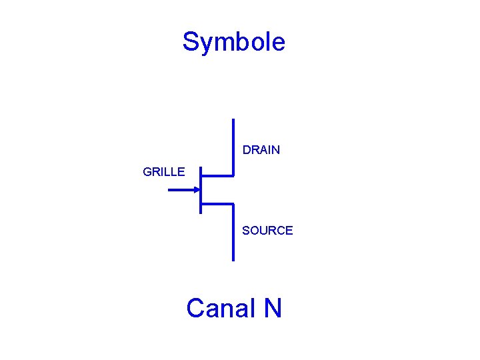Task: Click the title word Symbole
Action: (x=233, y=42)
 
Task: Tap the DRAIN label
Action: (x=261, y=150)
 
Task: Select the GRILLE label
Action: (x=164, y=172)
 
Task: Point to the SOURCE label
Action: (x=267, y=231)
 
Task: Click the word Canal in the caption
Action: (x=221, y=309)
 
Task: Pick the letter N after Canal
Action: (x=273, y=309)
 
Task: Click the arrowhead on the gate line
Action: (x=197, y=190)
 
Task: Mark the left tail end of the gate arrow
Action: (x=169, y=190)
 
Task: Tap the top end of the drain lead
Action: (x=233, y=120)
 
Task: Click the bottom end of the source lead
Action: (x=233, y=259)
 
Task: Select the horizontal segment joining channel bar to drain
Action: (x=217, y=176)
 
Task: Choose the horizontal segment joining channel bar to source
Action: (x=217, y=203)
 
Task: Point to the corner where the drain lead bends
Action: (x=233, y=176)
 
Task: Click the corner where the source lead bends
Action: (x=233, y=203)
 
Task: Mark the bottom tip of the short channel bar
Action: (x=201, y=213)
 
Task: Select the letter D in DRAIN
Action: (x=247, y=150)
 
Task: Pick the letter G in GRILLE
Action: (x=147, y=172)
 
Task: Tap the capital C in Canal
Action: (x=195, y=309)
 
